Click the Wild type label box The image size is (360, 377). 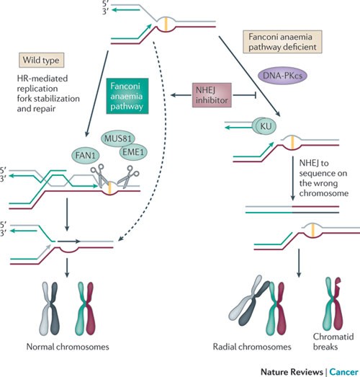point(42,60)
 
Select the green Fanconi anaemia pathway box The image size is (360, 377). point(127,96)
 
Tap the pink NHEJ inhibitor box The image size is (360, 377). point(212,95)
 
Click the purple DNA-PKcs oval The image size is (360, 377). point(282,76)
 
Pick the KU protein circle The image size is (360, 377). point(266,126)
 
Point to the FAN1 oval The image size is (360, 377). point(86,155)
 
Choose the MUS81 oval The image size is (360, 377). point(117,138)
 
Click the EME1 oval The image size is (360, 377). point(133,152)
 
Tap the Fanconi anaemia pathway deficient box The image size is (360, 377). point(282,42)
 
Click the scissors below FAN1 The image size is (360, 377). point(99,175)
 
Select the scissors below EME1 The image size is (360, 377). point(128,177)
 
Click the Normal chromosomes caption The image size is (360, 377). point(68,347)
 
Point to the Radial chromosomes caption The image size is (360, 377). point(252,347)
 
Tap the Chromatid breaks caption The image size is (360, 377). point(333,342)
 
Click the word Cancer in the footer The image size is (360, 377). point(343,372)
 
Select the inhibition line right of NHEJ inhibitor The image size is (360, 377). point(245,95)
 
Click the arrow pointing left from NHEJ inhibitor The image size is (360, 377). point(181,95)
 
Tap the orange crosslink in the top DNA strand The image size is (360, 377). point(166,24)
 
